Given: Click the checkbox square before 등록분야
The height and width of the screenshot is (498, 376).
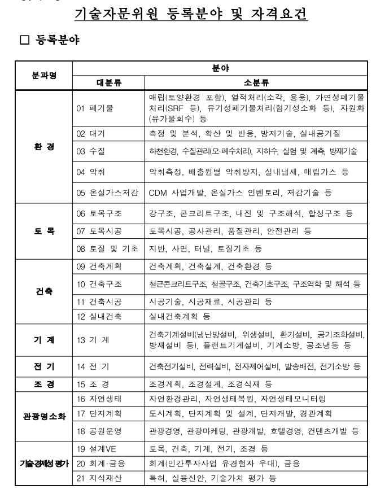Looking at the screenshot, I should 24,41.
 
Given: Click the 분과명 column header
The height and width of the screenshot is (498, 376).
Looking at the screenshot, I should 43,75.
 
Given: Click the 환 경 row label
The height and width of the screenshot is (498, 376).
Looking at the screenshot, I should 43,144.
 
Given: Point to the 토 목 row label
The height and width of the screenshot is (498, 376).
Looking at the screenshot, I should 43,230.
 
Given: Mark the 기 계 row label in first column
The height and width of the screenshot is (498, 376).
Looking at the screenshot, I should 43,340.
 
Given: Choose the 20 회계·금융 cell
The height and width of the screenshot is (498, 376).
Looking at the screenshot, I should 100,464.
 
